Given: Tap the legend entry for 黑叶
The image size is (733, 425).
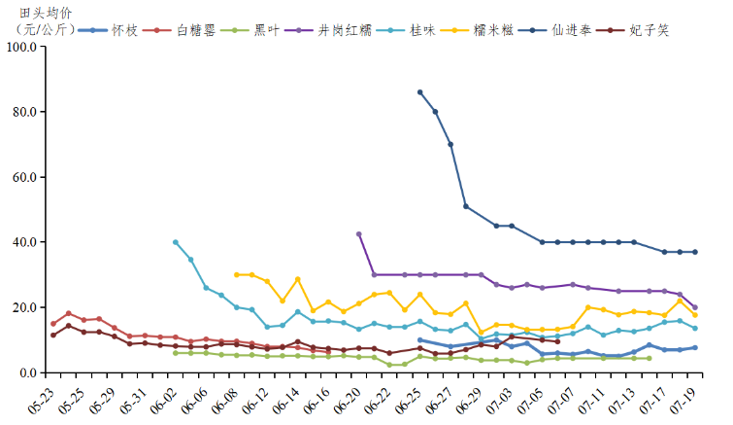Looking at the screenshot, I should [258, 30].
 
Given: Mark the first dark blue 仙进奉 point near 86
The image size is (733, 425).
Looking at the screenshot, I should [419, 92].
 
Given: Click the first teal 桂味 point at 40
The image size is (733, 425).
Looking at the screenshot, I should [176, 242].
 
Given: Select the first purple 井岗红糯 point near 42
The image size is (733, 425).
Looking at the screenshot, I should [359, 234].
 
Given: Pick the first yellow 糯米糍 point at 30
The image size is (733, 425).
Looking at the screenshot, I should [237, 275].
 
